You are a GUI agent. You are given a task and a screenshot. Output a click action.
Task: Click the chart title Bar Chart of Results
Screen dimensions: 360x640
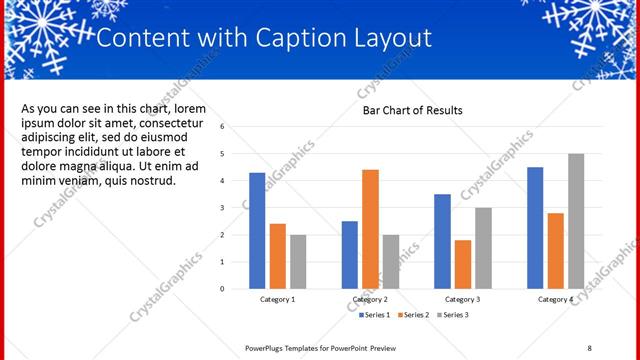[412, 110]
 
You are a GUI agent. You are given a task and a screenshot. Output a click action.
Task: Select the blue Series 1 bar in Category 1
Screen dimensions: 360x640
[257, 230]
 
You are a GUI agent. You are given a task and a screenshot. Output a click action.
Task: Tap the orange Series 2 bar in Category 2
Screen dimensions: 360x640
[370, 229]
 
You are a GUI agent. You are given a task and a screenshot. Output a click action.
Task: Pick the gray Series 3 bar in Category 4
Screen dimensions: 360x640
[576, 221]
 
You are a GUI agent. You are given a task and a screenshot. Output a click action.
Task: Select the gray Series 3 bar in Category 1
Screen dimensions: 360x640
[298, 261]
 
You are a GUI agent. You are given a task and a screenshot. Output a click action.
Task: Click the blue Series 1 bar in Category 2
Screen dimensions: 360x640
[349, 254]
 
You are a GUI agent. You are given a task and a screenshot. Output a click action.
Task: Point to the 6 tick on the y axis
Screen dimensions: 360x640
[236, 127]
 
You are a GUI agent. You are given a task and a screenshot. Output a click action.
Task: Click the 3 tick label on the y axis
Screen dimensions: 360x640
[236, 208]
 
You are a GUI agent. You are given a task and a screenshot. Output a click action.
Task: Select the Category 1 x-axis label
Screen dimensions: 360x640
[278, 299]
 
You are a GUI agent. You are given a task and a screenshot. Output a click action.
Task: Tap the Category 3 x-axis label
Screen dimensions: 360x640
[462, 299]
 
